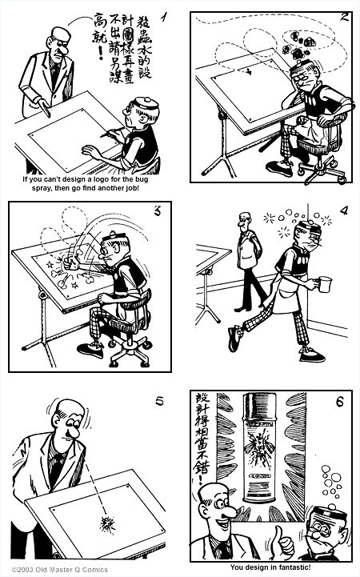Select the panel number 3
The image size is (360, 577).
pyautogui.click(x=158, y=211)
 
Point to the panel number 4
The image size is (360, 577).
pyautogui.click(x=343, y=211)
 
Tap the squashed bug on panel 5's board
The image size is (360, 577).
pyautogui.click(x=106, y=524)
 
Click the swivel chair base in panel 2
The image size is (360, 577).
pyautogui.click(x=318, y=170)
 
